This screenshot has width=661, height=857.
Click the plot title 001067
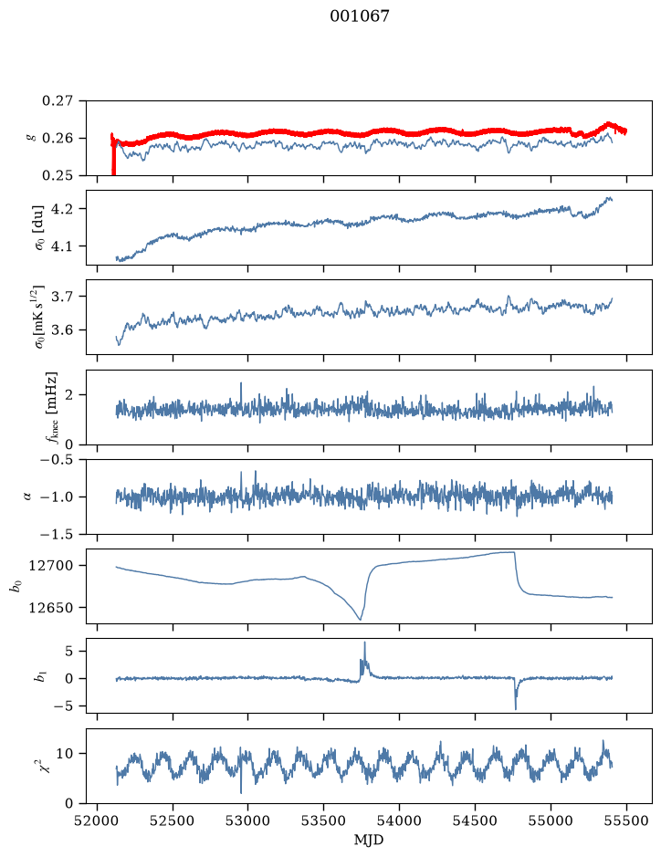[360, 16]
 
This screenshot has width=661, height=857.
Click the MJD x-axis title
[369, 840]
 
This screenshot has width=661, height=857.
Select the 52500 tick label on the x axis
[173, 820]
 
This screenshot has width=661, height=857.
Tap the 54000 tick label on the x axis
[399, 820]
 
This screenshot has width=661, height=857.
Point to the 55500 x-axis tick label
[626, 820]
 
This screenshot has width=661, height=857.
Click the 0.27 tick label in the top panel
[58, 101]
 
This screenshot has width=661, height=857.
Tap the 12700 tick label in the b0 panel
[51, 566]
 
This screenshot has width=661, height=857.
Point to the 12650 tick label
[51, 607]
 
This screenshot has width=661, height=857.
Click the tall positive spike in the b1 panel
[364, 643]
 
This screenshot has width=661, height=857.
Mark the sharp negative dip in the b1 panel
[516, 708]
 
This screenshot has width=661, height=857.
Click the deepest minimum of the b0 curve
[361, 619]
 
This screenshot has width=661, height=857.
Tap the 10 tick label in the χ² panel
[65, 754]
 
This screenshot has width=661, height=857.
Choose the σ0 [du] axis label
[39, 227]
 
